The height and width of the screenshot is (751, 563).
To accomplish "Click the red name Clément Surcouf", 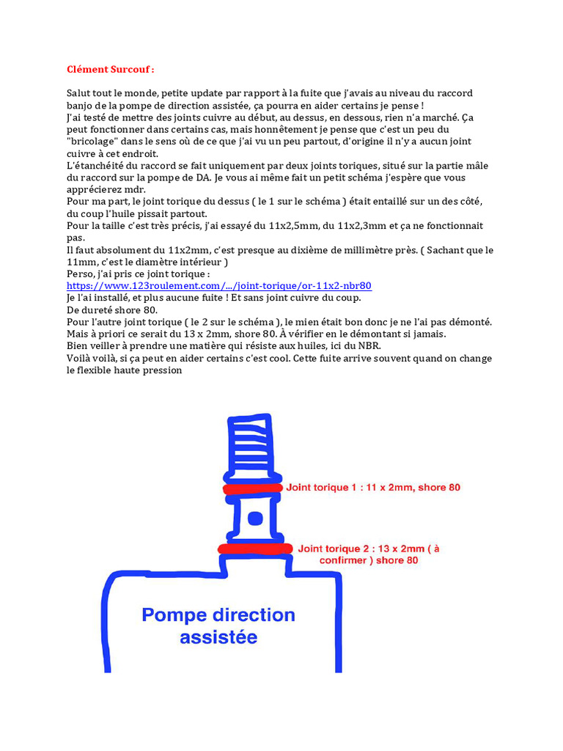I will coord(110,70).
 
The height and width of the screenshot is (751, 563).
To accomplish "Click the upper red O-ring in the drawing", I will coord(253,488).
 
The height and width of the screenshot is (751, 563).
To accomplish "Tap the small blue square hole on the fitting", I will coord(254,519).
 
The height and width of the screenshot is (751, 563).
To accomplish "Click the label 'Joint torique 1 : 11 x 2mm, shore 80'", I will coord(373,487).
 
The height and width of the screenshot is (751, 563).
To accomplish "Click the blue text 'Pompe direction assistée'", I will coord(218,626).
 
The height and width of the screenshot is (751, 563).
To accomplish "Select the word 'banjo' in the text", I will coord(81,106).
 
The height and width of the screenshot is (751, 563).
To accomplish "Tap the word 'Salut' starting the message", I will coord(79,94).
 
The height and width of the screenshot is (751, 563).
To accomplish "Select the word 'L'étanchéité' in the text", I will coord(95,166).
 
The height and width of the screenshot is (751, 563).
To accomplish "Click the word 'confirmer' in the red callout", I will coord(345,560).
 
